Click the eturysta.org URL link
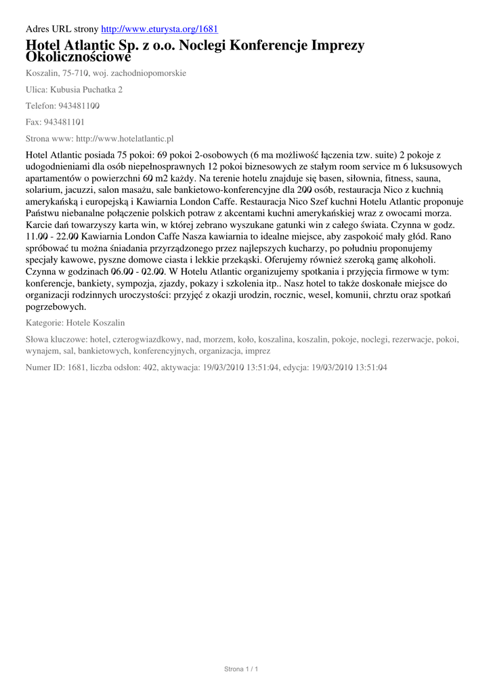point(159,29)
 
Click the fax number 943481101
point(64,122)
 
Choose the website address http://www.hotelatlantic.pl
point(125,139)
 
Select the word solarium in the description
point(43,190)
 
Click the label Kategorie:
point(45,323)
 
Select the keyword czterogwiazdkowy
point(148,339)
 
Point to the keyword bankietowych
point(104,351)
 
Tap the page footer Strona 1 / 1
point(242,669)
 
